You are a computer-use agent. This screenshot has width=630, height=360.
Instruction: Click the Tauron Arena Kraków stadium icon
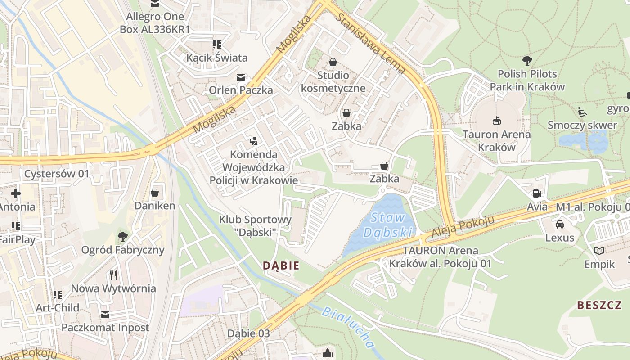click(497, 121)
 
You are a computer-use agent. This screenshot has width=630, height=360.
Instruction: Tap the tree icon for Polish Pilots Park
click(527, 60)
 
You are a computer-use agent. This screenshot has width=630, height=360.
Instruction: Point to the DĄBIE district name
click(281, 265)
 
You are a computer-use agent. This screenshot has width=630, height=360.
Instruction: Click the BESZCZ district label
click(599, 306)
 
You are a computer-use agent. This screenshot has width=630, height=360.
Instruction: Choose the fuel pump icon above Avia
click(537, 193)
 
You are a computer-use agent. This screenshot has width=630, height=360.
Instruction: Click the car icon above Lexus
click(559, 224)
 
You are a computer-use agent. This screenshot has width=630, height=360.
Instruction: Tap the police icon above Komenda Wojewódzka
click(253, 141)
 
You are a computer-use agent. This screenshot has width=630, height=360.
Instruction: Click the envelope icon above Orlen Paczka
click(241, 77)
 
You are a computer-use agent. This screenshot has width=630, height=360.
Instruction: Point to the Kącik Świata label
click(217, 58)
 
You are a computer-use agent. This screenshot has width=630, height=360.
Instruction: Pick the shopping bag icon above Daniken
click(155, 193)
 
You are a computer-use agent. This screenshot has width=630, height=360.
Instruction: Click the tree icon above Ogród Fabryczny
click(122, 236)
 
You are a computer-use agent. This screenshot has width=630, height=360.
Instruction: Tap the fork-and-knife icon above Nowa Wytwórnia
click(113, 275)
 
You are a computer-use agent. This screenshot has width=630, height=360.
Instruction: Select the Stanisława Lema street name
click(371, 43)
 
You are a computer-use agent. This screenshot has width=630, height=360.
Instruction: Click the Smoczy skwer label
click(582, 125)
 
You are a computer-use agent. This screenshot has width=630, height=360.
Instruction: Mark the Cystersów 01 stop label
click(57, 174)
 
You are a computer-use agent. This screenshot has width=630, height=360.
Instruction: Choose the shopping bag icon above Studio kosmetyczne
click(333, 62)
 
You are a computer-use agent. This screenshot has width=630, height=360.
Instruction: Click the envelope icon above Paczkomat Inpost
click(105, 314)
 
